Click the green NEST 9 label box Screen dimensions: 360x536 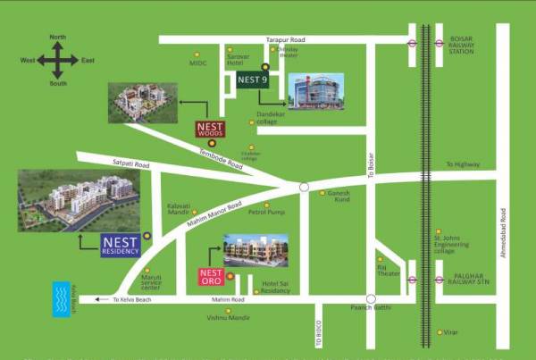click(x=253, y=80)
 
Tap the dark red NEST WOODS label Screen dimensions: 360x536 click(x=212, y=128)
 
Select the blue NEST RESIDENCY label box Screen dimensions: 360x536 click(x=121, y=245)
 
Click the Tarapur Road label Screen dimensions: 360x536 click(x=286, y=39)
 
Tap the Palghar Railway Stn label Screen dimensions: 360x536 click(x=470, y=278)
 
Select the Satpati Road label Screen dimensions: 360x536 click(x=131, y=164)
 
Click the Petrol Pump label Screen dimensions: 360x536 click(x=265, y=213)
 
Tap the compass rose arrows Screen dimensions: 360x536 click(x=58, y=60)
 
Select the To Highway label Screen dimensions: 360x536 click(x=463, y=164)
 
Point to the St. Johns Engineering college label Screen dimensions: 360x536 click(x=449, y=244)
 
